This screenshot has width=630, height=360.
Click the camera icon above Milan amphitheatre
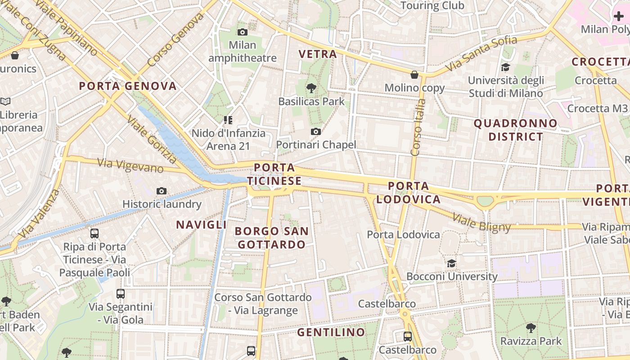243,32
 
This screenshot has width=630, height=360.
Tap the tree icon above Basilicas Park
311,88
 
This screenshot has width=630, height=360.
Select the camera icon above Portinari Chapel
316,131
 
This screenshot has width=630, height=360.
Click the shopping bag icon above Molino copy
414,75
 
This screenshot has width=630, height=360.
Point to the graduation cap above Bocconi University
451,263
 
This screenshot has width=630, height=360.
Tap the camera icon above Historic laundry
162,191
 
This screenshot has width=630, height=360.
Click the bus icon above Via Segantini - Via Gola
121,294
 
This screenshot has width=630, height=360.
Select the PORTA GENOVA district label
128,86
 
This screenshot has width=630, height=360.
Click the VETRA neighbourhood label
318,54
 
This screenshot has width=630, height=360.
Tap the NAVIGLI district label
201,225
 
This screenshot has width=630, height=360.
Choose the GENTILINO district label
331,333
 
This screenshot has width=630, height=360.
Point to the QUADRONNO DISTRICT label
516,130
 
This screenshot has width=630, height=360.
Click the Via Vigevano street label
130,166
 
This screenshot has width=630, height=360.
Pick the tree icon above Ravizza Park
531,328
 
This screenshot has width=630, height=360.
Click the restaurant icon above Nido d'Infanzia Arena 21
228,120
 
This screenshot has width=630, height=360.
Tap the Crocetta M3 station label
597,108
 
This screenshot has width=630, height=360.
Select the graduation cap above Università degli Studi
506,67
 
